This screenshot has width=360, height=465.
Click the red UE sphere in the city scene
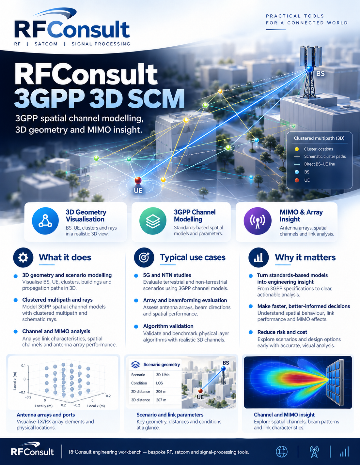[x=138, y=180]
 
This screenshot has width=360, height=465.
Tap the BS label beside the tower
[x=321, y=74]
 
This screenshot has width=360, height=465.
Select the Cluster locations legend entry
[x=318, y=149]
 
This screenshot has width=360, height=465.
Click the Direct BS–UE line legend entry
[x=319, y=164]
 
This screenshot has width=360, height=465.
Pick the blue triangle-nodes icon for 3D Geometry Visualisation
[x=45, y=221]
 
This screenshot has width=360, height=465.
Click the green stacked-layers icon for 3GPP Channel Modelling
[x=153, y=221]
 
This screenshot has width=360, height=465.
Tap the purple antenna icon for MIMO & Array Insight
[x=258, y=221]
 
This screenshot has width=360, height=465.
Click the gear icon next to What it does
[x=23, y=257]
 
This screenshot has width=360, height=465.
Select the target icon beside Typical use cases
[x=144, y=257]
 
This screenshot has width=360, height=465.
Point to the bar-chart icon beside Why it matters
[x=258, y=257]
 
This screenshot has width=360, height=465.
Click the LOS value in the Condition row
[x=159, y=383]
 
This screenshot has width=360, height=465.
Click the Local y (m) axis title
[x=44, y=406]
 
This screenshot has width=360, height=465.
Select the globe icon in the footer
[x=282, y=452]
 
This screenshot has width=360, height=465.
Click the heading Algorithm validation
[x=168, y=326]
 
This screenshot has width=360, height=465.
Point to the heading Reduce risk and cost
[x=282, y=332]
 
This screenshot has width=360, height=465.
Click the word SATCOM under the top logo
[x=46, y=44]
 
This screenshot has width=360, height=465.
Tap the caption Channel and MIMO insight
[x=284, y=415]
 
